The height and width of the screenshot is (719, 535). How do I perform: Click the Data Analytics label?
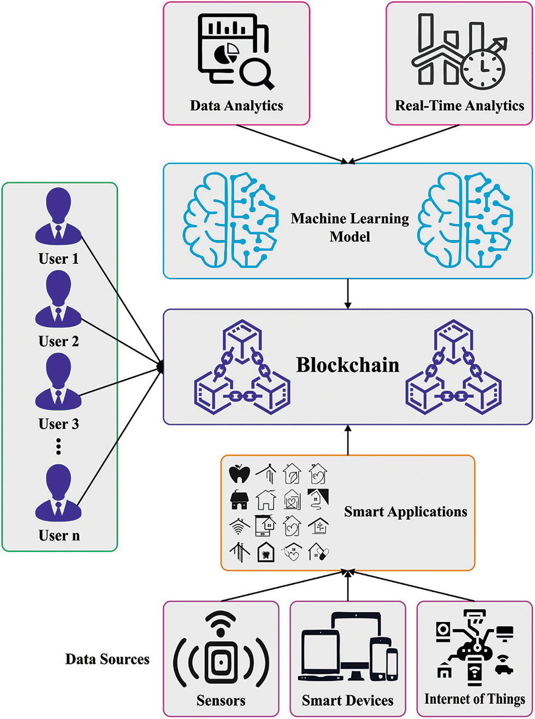click(x=236, y=105)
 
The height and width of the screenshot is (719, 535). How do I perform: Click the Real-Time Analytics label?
click(x=459, y=105)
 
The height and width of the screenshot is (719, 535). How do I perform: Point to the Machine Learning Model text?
click(x=349, y=227)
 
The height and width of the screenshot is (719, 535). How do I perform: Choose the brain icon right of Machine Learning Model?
click(x=465, y=220)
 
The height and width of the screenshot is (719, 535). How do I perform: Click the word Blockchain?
click(x=348, y=365)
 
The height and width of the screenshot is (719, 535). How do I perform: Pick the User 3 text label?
click(x=58, y=424)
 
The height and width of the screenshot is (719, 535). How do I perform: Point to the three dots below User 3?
click(x=58, y=447)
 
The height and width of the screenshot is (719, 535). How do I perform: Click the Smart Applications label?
click(x=405, y=512)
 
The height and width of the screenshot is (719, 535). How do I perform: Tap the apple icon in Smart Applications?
click(x=239, y=473)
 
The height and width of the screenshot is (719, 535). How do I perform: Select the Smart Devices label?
click(x=347, y=700)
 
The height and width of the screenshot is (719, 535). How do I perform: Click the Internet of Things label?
click(x=474, y=699)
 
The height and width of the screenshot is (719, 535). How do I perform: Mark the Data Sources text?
click(x=107, y=659)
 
